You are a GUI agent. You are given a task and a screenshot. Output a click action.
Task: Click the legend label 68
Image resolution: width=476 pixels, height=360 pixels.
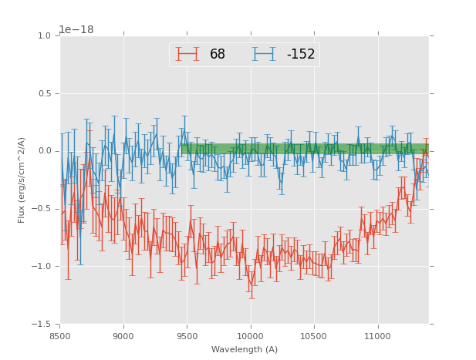(218, 55)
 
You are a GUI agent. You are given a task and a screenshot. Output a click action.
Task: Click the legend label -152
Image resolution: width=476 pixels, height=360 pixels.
(300, 55)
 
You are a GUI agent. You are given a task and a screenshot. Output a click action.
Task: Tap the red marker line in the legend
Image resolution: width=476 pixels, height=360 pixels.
(187, 54)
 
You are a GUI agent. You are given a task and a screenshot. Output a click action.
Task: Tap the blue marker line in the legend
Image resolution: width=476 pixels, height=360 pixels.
(265, 54)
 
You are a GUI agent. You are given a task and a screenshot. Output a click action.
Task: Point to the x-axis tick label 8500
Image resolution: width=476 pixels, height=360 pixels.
(60, 336)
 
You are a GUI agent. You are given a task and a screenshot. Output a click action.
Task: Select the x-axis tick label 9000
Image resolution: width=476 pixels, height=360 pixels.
(123, 336)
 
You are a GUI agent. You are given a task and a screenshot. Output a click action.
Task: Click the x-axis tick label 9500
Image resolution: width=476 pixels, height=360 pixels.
(187, 336)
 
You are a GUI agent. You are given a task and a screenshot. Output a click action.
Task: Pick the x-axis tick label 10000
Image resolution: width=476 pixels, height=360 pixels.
(250, 336)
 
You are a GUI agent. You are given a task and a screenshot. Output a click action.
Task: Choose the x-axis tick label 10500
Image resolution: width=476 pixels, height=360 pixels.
(314, 336)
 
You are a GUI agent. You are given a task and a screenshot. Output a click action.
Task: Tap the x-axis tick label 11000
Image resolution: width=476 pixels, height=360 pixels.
(377, 336)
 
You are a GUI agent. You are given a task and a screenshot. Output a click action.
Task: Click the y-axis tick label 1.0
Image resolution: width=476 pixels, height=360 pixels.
(43, 36)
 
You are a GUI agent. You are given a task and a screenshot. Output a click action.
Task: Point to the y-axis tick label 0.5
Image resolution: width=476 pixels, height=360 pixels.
(43, 94)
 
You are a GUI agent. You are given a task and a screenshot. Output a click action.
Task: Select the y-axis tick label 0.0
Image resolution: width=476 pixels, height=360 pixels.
(43, 151)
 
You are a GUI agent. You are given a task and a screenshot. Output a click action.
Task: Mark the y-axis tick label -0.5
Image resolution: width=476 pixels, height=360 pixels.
(42, 209)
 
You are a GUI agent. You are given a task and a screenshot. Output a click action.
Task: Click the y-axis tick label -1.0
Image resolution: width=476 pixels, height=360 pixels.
(42, 267)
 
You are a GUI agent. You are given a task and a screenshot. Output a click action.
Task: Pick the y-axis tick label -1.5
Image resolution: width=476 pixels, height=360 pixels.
(42, 325)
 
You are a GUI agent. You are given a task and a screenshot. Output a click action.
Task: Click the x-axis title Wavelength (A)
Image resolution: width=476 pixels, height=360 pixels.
(245, 350)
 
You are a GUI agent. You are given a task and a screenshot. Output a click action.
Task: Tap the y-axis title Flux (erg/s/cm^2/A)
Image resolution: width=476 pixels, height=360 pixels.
(22, 180)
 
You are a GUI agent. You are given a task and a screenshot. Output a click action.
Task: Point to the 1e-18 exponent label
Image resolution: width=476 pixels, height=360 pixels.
(76, 30)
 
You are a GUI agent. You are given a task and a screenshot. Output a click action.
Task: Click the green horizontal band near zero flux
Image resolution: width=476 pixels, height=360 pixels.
(309, 149)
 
